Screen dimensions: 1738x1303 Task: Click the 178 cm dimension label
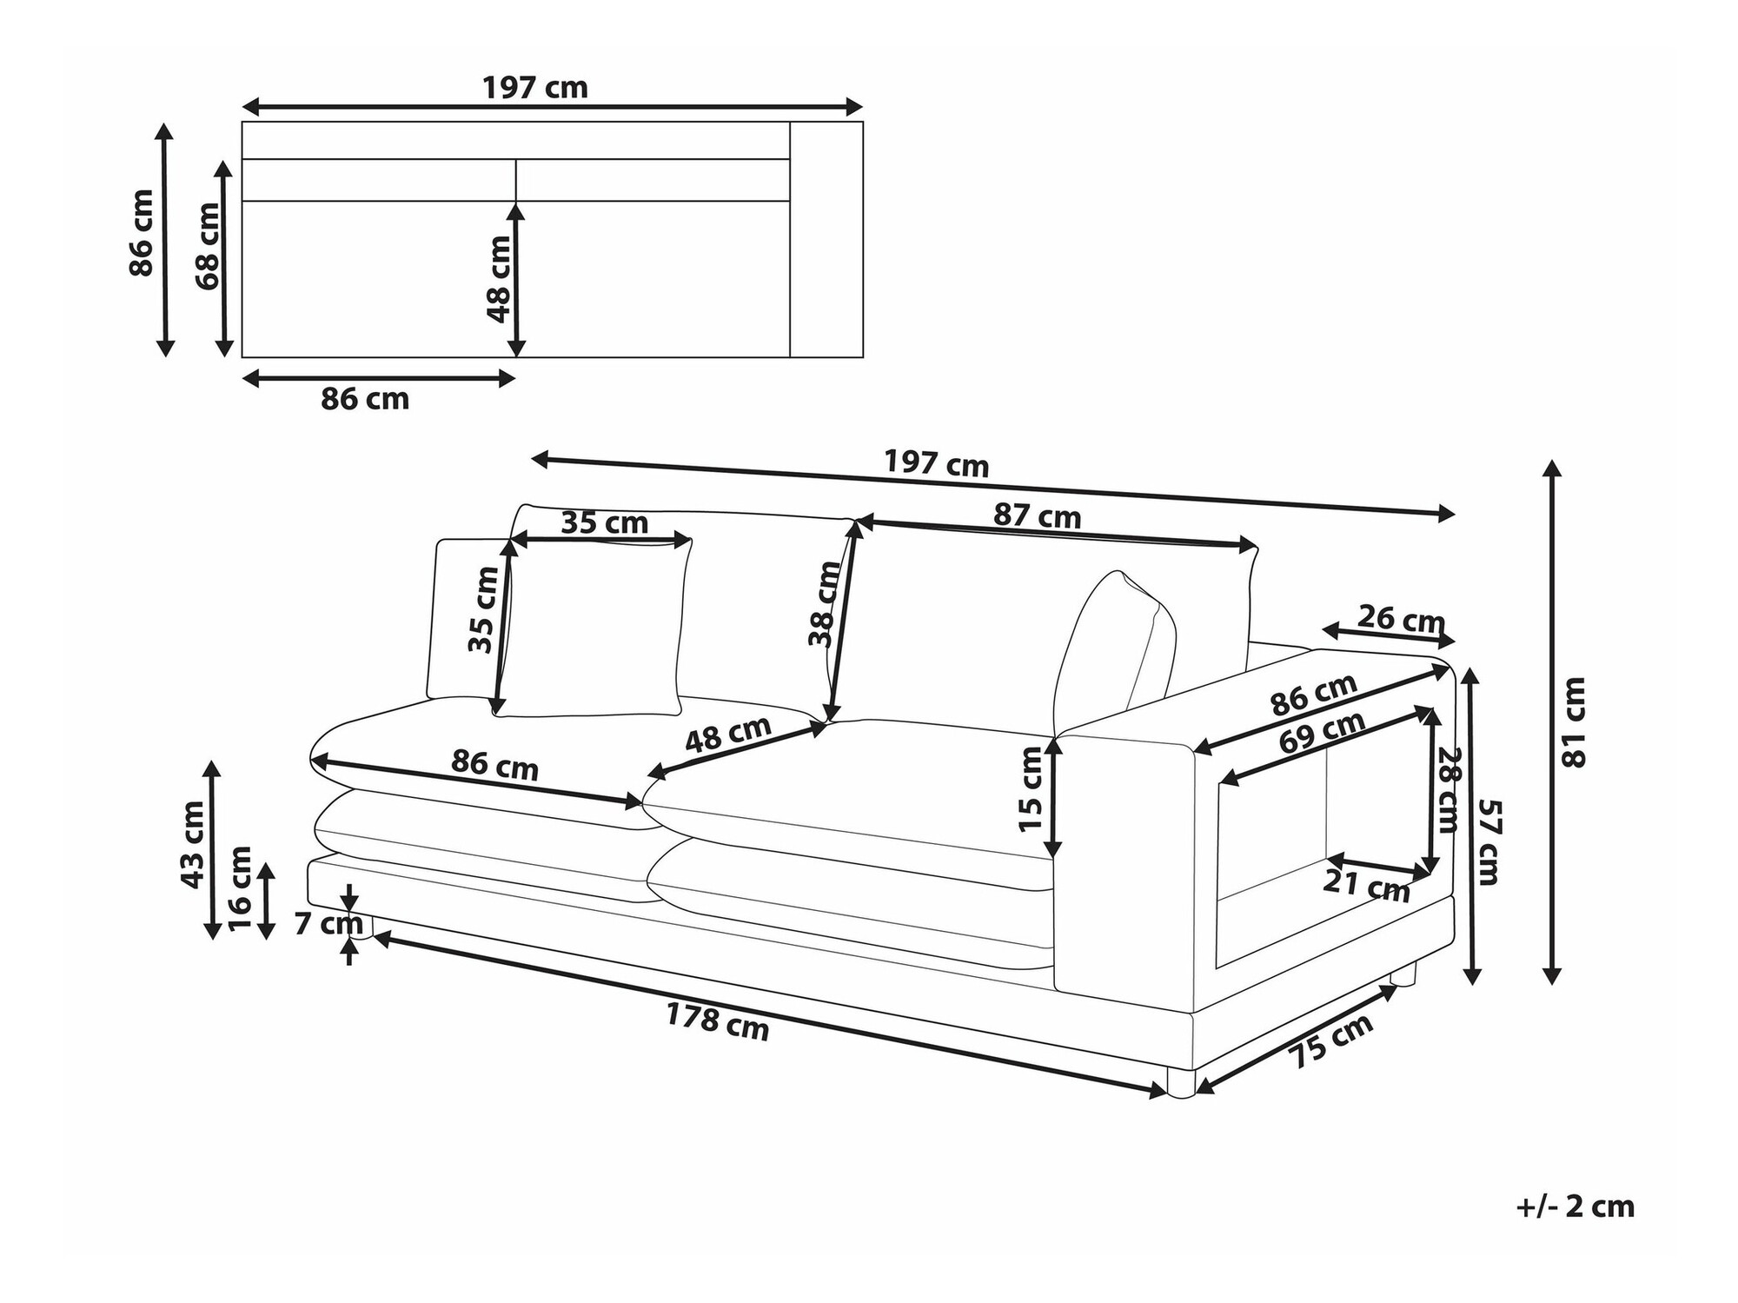(718, 1022)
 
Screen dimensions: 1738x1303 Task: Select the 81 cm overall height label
(1574, 722)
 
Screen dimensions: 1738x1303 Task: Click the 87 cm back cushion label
(1038, 516)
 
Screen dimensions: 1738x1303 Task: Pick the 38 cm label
(825, 604)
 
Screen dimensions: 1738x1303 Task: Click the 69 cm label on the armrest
(1322, 732)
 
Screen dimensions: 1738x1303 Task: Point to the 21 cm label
(1366, 886)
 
